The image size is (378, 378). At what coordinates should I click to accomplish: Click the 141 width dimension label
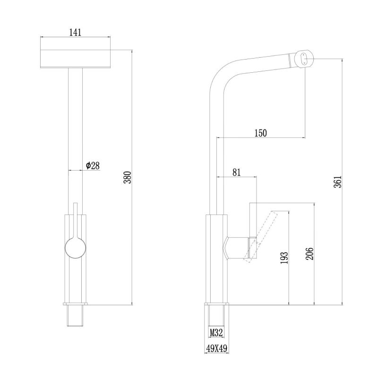pos(75,32)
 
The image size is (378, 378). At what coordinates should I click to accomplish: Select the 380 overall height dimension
pos(127,178)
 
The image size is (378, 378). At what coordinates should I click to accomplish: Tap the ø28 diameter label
pos(93,165)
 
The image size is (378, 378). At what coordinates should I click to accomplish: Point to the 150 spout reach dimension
pos(261,133)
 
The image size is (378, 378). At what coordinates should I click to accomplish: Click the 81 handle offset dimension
pos(237,172)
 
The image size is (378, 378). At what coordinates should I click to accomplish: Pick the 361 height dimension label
pos(338,181)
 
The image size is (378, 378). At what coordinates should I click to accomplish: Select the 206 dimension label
pos(309,254)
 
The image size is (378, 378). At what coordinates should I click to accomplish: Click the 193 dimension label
pos(284,258)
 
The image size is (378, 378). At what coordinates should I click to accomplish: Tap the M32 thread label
pos(216,333)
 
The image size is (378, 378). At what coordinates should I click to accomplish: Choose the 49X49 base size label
pos(216,348)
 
